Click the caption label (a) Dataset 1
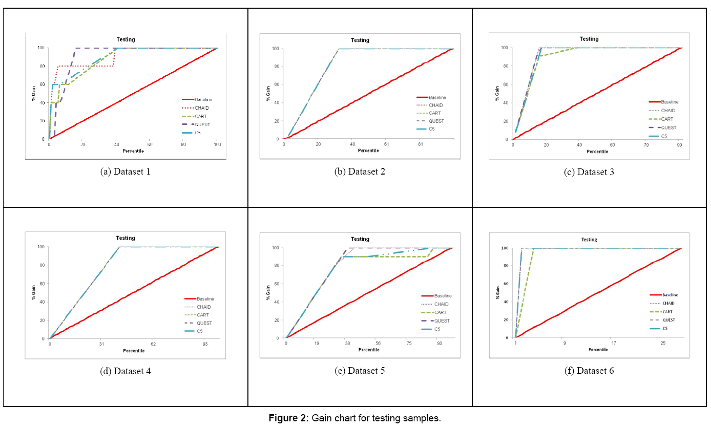click(x=126, y=172)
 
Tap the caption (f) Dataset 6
click(x=589, y=370)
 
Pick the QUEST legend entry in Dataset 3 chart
click(x=668, y=127)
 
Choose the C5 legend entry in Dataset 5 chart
click(x=437, y=329)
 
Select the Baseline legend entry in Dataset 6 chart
click(x=670, y=295)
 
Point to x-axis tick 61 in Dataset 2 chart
click(x=386, y=144)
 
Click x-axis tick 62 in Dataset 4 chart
click(x=153, y=344)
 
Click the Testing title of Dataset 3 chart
click(x=589, y=39)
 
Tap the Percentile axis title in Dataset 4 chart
click(x=134, y=351)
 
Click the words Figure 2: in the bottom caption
click(x=288, y=418)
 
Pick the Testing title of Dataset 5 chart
click(x=360, y=239)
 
